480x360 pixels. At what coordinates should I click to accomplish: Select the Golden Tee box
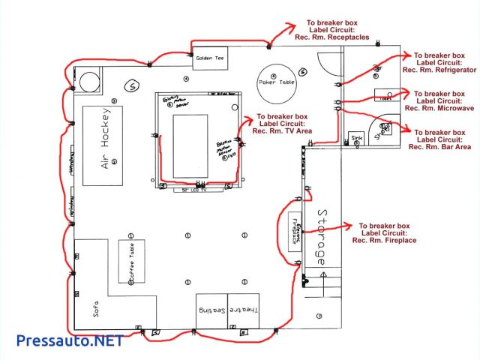(210, 58)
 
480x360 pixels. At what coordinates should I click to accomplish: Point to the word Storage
(320, 235)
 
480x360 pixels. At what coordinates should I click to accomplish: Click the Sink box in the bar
(356, 139)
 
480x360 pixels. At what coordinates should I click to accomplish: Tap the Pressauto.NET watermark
(69, 340)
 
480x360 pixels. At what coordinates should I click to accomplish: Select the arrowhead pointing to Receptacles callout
(295, 25)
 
